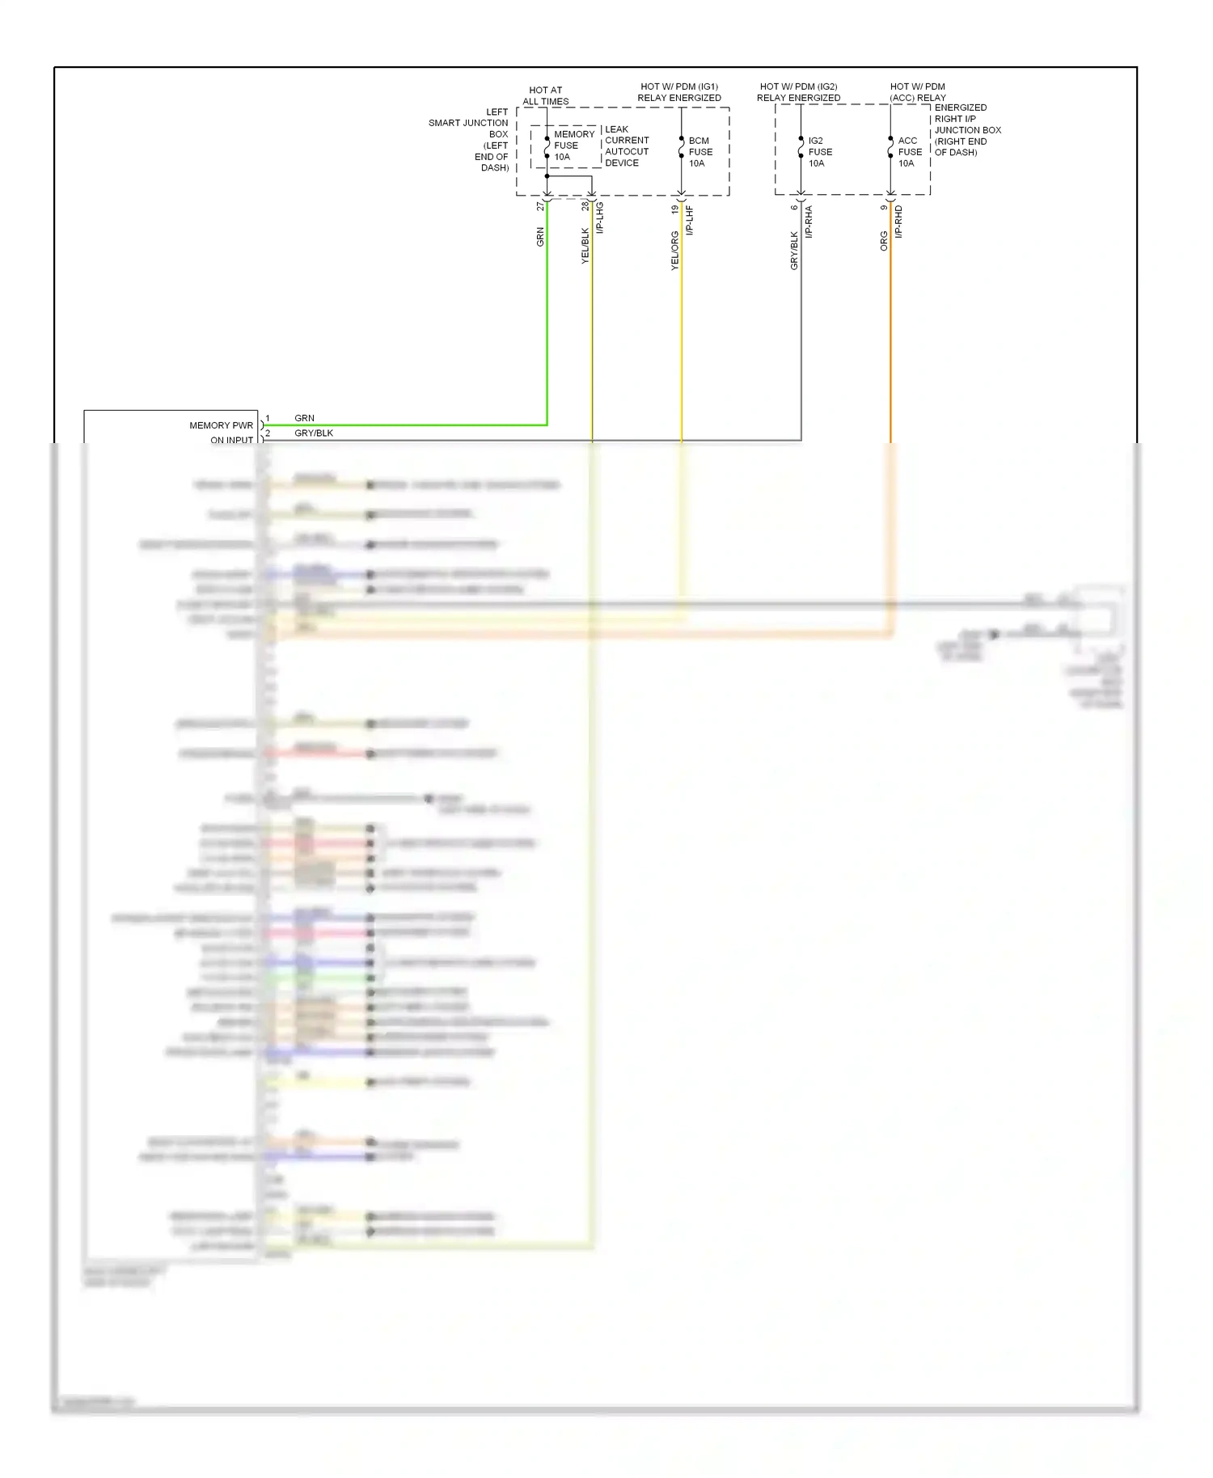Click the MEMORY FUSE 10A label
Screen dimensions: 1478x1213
point(573,146)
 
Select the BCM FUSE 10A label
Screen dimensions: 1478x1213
point(699,152)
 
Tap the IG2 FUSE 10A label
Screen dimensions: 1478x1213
point(819,152)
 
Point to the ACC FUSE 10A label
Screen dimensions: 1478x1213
point(909,152)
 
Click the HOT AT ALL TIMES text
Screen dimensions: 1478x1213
point(546,95)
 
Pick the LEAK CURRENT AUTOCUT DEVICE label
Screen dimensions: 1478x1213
point(626,146)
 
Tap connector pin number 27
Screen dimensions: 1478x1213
point(540,207)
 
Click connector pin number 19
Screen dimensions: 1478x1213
point(674,209)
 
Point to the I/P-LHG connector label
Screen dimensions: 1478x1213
point(600,217)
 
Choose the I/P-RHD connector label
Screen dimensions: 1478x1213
point(898,222)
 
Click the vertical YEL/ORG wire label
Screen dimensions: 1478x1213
point(674,251)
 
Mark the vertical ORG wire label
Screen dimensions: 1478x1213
point(883,241)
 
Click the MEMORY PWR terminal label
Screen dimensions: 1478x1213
point(221,425)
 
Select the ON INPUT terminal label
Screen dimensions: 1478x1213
point(231,440)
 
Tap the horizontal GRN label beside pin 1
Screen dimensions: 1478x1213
point(304,418)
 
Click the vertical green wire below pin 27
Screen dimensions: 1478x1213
point(547,323)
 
